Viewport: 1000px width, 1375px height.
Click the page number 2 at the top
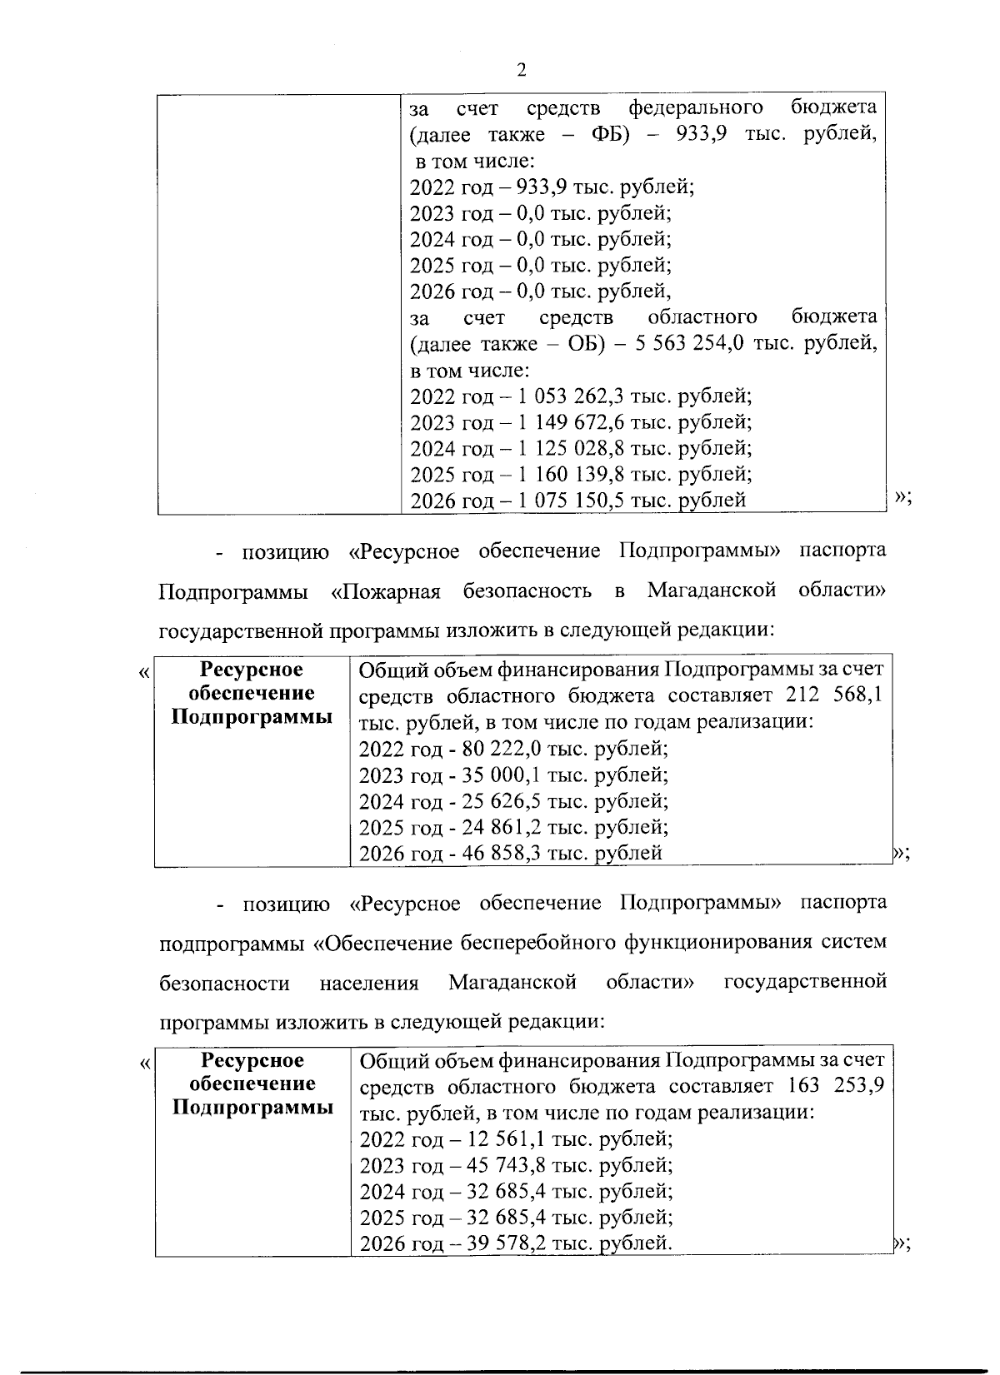click(x=522, y=70)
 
